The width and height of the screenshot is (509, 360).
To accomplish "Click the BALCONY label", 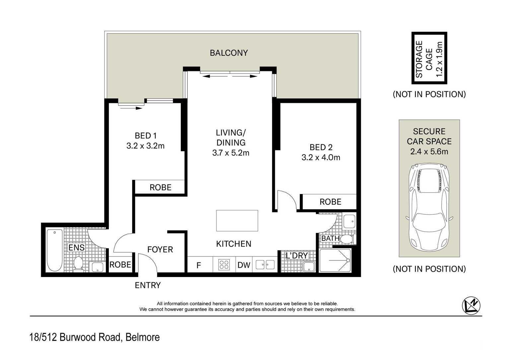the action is click(x=229, y=53).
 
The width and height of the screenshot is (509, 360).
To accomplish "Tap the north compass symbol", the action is click(x=471, y=306).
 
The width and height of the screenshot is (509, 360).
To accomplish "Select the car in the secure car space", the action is click(x=429, y=207).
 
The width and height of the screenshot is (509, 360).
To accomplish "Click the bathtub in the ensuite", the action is click(x=54, y=250).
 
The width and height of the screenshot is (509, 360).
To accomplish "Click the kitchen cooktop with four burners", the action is click(x=224, y=265).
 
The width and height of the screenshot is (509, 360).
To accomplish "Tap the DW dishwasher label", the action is click(x=244, y=265).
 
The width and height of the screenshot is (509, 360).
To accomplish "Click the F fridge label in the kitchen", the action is click(x=199, y=265).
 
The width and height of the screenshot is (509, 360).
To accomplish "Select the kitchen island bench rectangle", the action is click(x=237, y=220).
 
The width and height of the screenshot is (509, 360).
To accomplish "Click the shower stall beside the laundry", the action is click(x=335, y=260).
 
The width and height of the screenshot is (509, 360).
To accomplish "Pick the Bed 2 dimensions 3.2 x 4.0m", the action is click(x=321, y=157).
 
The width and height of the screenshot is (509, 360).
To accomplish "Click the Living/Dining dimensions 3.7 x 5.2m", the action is click(x=231, y=153).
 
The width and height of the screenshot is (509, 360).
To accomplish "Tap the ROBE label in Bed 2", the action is click(x=330, y=202).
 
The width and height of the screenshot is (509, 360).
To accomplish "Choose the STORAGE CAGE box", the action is click(x=429, y=58).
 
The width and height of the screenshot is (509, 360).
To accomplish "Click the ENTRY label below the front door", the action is click(x=148, y=285).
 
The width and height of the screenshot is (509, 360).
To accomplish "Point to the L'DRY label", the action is click(x=297, y=255).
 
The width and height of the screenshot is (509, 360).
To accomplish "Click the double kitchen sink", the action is click(x=265, y=265).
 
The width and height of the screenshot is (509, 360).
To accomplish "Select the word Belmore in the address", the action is click(x=142, y=337).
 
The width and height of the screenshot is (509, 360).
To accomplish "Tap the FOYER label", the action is click(x=160, y=250).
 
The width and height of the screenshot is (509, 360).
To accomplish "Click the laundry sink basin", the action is click(x=309, y=266).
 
